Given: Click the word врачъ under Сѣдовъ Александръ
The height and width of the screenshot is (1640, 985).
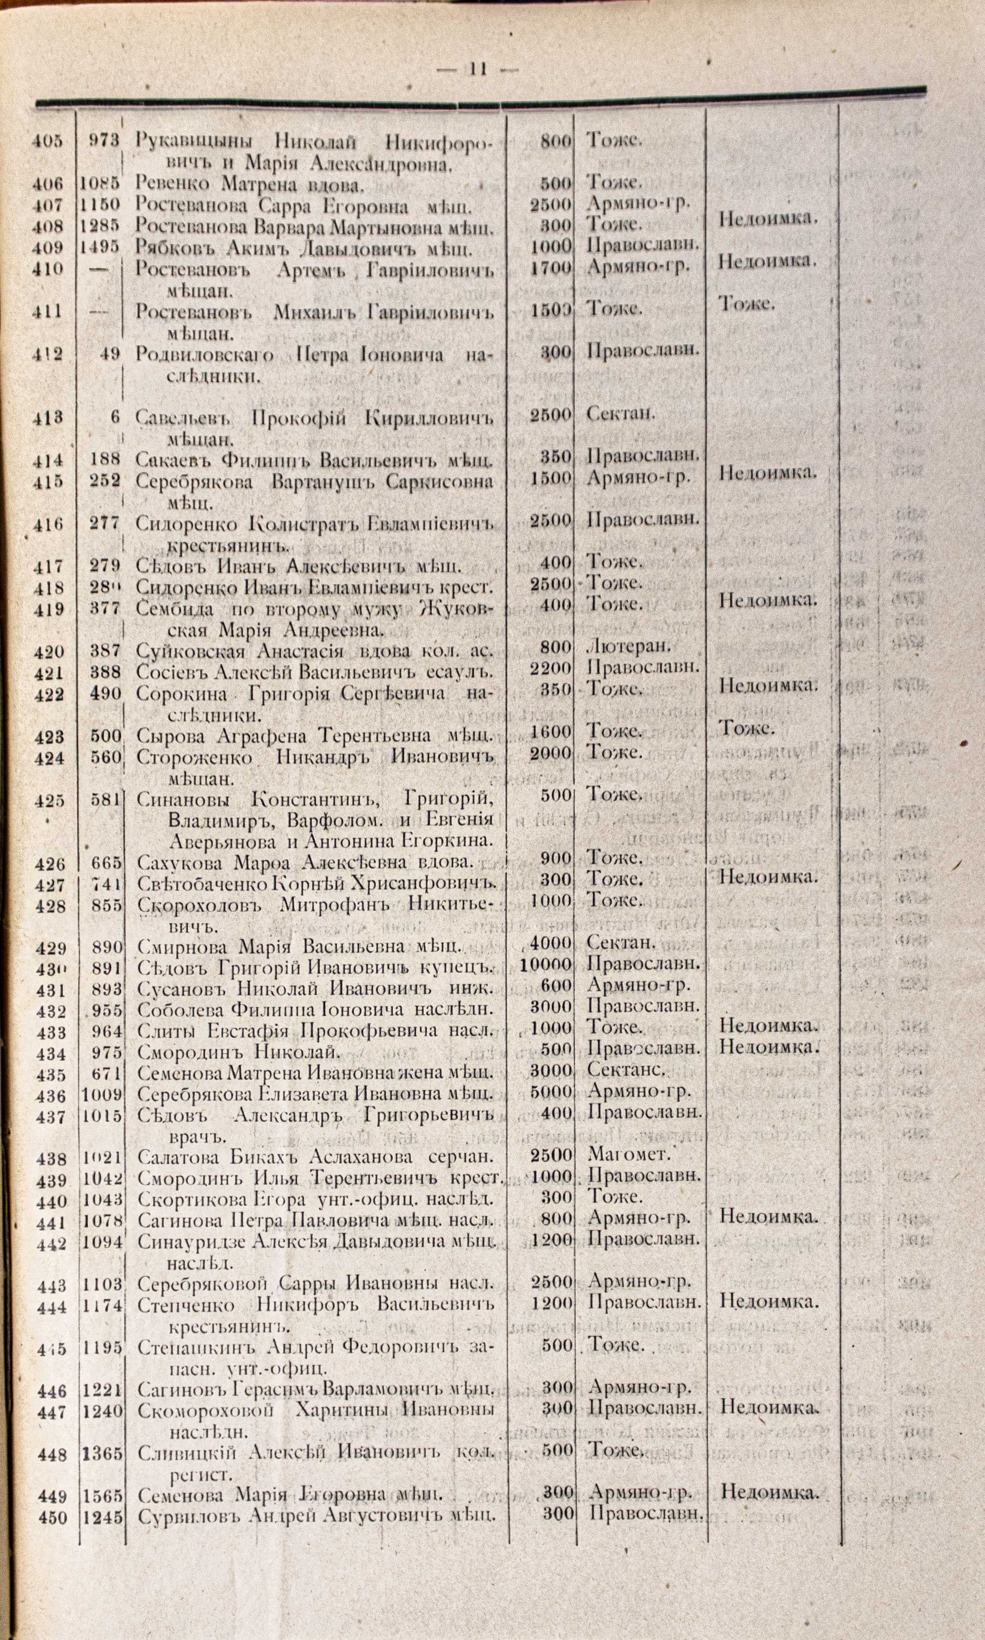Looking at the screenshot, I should (x=194, y=1134).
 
